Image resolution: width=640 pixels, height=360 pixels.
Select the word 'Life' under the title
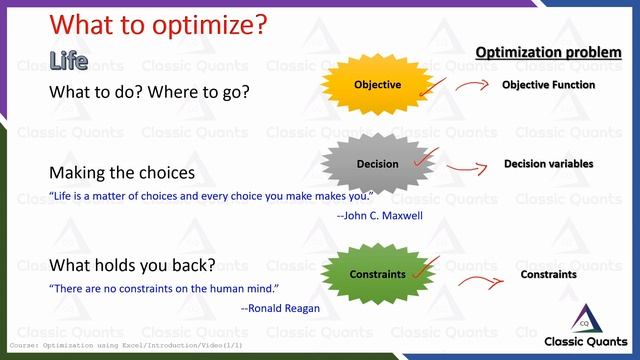pyautogui.click(x=69, y=61)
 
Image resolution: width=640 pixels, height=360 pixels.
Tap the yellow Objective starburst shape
pyautogui.click(x=377, y=85)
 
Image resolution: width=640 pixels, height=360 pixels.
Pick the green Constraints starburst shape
pyautogui.click(x=377, y=273)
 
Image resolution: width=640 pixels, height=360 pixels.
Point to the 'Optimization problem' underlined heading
pyautogui.click(x=547, y=51)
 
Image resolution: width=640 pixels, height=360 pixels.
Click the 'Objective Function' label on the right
pyautogui.click(x=548, y=85)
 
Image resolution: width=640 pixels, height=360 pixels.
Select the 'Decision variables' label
pyautogui.click(x=548, y=164)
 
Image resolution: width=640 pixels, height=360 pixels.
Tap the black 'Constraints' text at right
pyautogui.click(x=548, y=274)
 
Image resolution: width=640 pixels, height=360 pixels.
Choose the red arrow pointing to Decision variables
pyautogui.click(x=469, y=167)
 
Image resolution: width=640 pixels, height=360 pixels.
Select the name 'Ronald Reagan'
pyautogui.click(x=280, y=308)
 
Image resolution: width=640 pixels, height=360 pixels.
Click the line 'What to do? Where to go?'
pyautogui.click(x=149, y=92)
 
